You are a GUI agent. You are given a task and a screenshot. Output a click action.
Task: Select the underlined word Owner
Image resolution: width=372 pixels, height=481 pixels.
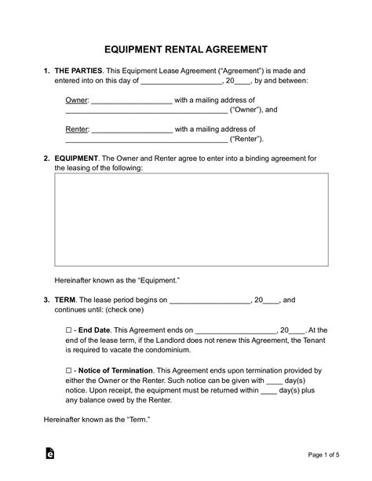click(x=76, y=100)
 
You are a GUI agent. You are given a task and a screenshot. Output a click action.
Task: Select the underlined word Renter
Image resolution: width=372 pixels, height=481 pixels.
click(x=77, y=129)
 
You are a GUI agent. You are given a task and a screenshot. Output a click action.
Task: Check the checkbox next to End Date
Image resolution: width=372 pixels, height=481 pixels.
click(x=69, y=330)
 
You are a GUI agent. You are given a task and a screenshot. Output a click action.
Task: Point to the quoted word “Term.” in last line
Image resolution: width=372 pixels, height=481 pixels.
click(x=132, y=420)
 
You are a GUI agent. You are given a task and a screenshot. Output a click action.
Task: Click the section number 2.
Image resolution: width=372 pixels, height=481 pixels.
click(x=46, y=158)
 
